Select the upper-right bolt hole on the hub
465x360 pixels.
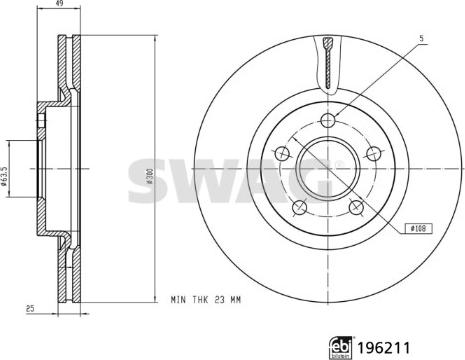374,153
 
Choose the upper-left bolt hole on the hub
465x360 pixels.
283,153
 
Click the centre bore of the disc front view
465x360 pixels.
328,168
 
